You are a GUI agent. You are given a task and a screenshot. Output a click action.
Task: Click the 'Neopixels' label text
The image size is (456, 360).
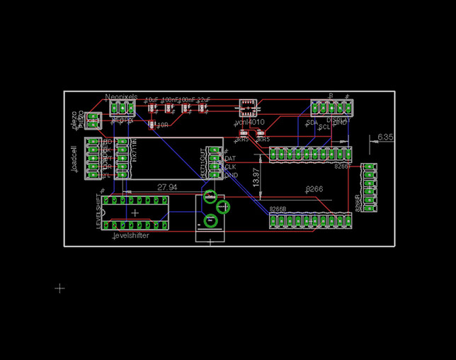120,97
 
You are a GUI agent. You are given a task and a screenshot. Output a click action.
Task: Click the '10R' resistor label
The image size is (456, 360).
162,125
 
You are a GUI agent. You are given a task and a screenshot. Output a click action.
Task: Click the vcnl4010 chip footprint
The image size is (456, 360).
247,108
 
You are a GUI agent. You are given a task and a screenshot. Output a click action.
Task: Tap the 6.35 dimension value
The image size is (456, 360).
386,136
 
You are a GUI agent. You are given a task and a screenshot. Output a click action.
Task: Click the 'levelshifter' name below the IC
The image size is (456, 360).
131,235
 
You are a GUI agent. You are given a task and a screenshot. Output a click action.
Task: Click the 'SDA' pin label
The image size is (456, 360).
312,123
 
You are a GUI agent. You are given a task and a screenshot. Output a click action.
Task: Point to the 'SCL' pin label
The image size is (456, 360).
324,127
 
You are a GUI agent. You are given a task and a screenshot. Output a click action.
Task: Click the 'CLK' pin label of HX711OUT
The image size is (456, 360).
230,167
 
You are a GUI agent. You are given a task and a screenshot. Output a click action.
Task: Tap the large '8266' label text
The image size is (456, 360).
314,189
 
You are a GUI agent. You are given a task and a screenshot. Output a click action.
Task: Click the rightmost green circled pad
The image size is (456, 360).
223,206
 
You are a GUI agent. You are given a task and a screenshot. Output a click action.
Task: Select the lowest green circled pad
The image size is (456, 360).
210,221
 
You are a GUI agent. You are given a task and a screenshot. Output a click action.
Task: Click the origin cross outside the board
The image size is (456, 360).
60,288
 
